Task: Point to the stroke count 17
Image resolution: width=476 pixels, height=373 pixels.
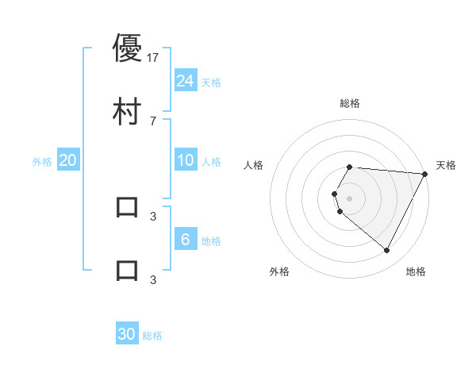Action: pyautogui.click(x=153, y=57)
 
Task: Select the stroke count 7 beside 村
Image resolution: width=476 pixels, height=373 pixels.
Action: pyautogui.click(x=153, y=121)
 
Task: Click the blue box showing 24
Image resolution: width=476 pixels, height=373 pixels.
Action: pyautogui.click(x=186, y=81)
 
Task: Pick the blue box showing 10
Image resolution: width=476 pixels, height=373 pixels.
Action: pyautogui.click(x=186, y=161)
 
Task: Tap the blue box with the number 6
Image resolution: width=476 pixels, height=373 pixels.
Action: pyautogui.click(x=186, y=240)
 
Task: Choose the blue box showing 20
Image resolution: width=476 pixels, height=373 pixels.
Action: pyautogui.click(x=68, y=160)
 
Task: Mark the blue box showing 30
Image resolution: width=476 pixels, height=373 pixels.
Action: pyautogui.click(x=127, y=334)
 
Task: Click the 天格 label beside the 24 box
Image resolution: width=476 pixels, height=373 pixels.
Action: pyautogui.click(x=211, y=83)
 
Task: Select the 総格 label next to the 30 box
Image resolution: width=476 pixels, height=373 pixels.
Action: pyautogui.click(x=152, y=336)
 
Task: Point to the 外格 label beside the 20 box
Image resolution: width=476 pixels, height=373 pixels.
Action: pyautogui.click(x=42, y=162)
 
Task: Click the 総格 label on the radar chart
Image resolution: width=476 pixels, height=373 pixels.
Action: pyautogui.click(x=350, y=103)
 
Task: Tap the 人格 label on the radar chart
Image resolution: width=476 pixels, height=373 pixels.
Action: pyautogui.click(x=254, y=165)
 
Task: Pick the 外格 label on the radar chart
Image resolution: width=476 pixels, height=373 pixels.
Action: pyautogui.click(x=279, y=271)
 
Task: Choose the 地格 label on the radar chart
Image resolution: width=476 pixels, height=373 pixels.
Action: pyautogui.click(x=416, y=271)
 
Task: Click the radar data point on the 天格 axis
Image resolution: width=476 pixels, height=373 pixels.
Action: pyautogui.click(x=424, y=174)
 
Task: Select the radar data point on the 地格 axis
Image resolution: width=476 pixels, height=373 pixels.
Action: pyautogui.click(x=387, y=251)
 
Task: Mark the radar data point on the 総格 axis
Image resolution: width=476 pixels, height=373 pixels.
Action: pyautogui.click(x=350, y=167)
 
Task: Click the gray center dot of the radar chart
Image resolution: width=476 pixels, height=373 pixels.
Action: pyautogui.click(x=350, y=198)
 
